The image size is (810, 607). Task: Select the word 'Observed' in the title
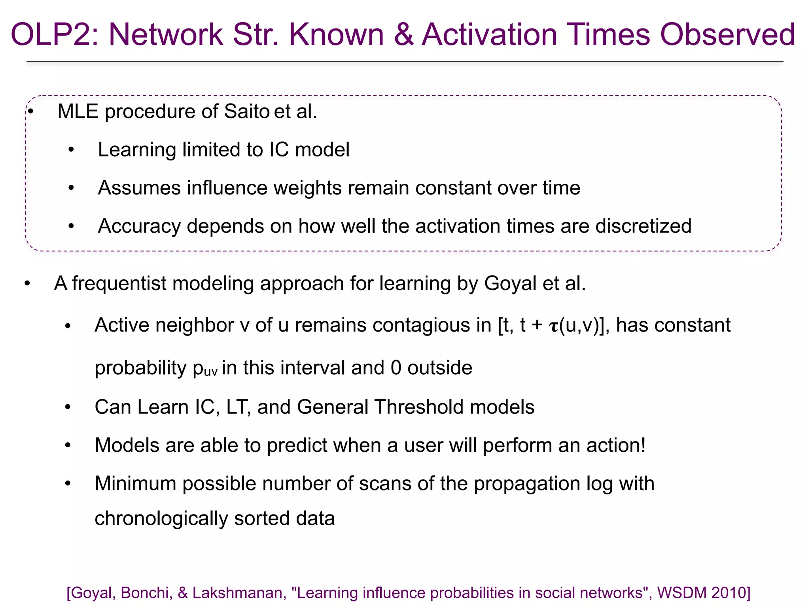pyautogui.click(x=728, y=35)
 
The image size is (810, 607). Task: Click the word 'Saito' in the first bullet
pyautogui.click(x=247, y=111)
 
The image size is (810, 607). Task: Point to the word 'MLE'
pyautogui.click(x=78, y=111)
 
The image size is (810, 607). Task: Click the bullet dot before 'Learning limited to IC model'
pyautogui.click(x=71, y=150)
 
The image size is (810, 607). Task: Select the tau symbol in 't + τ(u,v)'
pyautogui.click(x=553, y=326)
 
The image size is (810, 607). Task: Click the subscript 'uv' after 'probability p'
pyautogui.click(x=211, y=371)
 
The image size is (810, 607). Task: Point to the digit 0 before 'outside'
pyautogui.click(x=396, y=368)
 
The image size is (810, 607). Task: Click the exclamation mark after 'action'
pyautogui.click(x=643, y=445)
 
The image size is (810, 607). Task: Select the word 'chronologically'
pyautogui.click(x=161, y=518)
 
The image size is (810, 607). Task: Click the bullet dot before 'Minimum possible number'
pyautogui.click(x=68, y=484)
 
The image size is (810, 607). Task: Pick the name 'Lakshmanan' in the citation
pyautogui.click(x=237, y=593)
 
